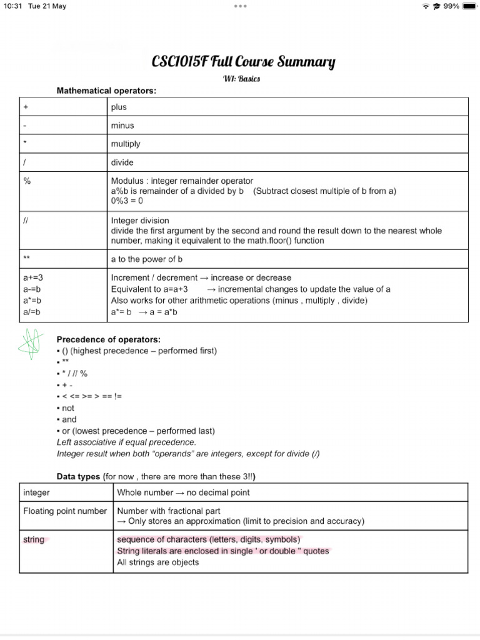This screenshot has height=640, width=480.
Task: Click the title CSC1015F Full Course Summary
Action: (x=244, y=62)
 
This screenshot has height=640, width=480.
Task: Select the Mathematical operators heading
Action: (x=106, y=91)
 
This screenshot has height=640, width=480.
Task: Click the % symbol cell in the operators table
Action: (x=27, y=181)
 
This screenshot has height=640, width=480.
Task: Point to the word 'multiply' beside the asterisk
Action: (x=126, y=144)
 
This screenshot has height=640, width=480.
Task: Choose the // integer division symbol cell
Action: (x=26, y=221)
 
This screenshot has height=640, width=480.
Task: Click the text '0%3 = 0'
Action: (x=127, y=201)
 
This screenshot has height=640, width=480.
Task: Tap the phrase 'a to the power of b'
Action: (x=146, y=259)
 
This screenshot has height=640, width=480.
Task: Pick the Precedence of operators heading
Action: (x=108, y=339)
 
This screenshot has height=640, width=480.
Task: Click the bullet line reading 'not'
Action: (x=67, y=408)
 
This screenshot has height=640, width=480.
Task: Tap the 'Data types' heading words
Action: (x=78, y=477)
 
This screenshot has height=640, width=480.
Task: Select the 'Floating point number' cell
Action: (x=65, y=511)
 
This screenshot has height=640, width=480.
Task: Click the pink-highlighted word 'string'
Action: (x=34, y=539)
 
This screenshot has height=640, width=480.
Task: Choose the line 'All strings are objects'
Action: (x=158, y=562)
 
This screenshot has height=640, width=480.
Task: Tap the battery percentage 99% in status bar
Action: (x=451, y=6)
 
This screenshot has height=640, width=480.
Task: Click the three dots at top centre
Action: (x=240, y=6)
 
